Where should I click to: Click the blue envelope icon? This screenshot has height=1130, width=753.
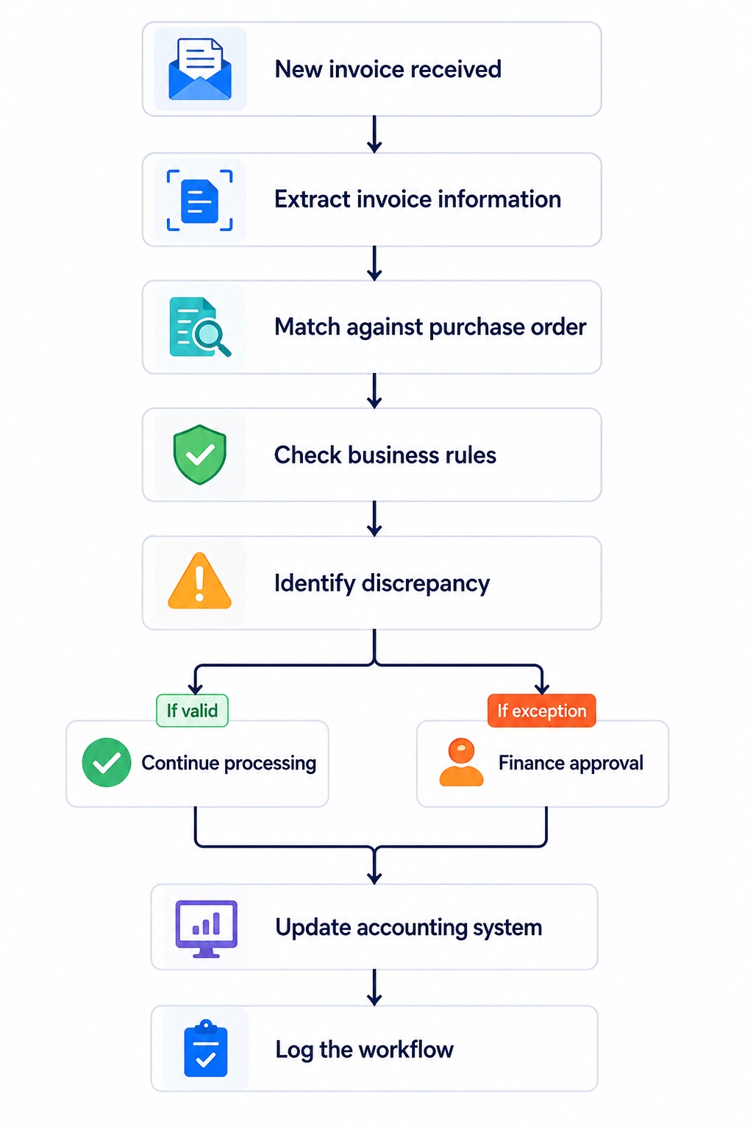point(200,69)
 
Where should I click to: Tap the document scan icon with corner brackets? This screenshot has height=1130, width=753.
point(200,200)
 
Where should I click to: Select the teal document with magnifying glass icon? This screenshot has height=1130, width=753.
point(200,327)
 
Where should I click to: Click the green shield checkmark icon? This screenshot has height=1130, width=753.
point(200,455)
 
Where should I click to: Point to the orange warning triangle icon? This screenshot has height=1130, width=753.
point(200,580)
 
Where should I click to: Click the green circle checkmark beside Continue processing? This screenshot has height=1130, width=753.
point(107,762)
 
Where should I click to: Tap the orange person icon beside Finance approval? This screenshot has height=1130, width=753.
point(462,762)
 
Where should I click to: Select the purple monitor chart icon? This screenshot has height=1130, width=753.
point(207,928)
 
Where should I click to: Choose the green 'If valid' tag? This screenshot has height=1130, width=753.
point(192,710)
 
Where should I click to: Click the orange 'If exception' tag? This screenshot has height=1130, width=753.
point(542,710)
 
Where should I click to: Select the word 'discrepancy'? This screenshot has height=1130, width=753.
point(426,584)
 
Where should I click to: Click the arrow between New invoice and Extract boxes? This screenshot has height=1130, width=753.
point(374,134)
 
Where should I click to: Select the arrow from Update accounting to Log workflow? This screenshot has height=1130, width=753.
point(374,987)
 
